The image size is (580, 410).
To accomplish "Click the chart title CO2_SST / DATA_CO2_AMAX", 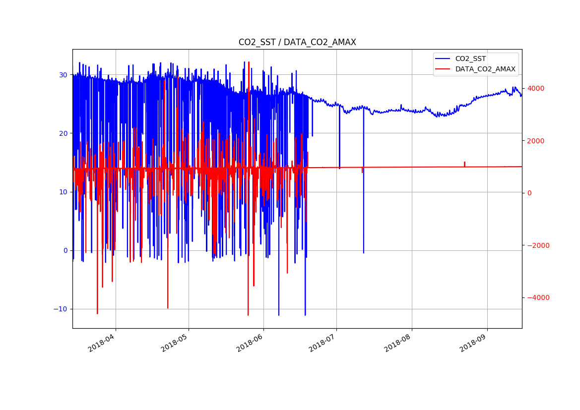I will tap(297, 43).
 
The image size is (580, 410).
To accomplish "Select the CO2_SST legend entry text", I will tap(471, 59).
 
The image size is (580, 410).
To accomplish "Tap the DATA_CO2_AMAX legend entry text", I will tap(485, 69).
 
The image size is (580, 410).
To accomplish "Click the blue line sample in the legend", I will tap(444, 59).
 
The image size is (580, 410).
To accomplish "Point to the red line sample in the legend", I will tap(444, 69).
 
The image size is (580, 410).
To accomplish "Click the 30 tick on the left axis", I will tap(64, 75).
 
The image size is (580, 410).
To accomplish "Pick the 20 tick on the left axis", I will tap(64, 133).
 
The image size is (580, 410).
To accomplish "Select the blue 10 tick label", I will tap(64, 192).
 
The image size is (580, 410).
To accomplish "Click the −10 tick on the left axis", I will tap(62, 309).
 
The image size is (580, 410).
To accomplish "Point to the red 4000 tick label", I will tap(535, 88).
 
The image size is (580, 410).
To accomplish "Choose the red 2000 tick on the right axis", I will tap(535, 141).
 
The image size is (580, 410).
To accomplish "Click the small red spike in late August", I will tap(464, 163).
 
